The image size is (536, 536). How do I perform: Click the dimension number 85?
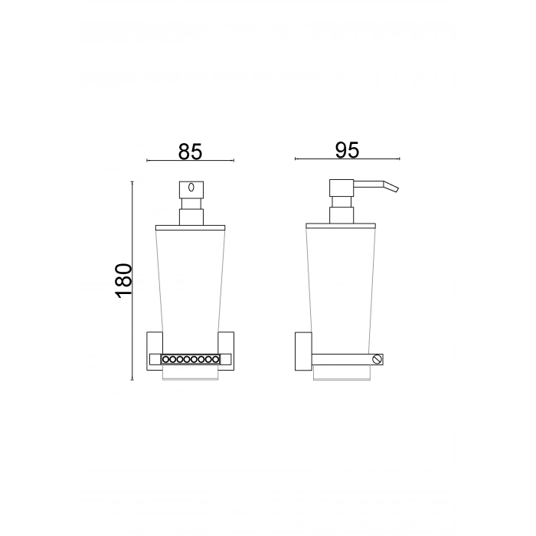tap(190, 151)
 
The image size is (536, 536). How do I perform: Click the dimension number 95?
tap(347, 150)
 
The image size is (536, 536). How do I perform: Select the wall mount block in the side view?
tap(301, 352)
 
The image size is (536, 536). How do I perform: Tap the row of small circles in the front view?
tap(190, 358)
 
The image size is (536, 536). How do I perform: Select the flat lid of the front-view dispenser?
tap(190, 227)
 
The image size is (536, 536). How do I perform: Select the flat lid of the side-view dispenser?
tap(340, 227)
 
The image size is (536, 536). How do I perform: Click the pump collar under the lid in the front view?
tap(190, 214)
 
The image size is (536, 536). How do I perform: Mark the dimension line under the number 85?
tap(190, 161)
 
